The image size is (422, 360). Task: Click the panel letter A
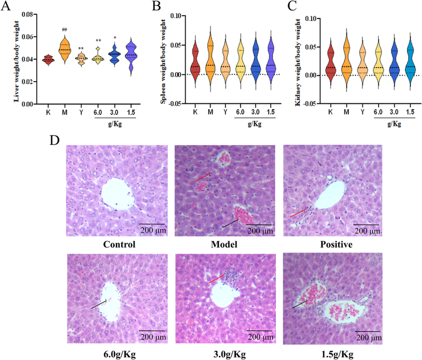(7, 7)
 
